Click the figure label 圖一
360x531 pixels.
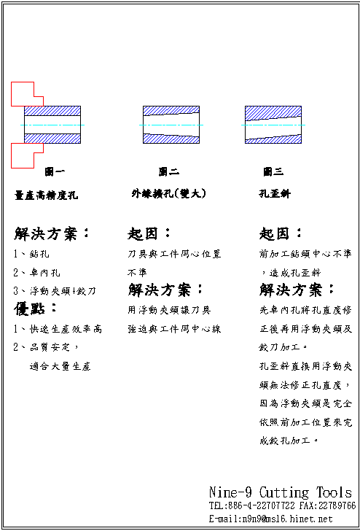pyautogui.click(x=55, y=172)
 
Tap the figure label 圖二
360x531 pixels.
pyautogui.click(x=169, y=172)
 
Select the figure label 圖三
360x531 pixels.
pyautogui.click(x=273, y=172)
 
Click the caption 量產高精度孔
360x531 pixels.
pyautogui.click(x=46, y=195)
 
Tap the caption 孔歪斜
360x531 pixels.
pyautogui.click(x=275, y=195)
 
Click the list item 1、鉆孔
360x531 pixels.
pyautogui.click(x=31, y=255)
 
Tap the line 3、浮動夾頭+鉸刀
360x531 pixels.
pyautogui.click(x=55, y=291)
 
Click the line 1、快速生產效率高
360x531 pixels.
pyautogui.click(x=58, y=329)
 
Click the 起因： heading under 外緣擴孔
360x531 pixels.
pyautogui.click(x=149, y=234)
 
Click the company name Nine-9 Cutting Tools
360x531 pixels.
pyautogui.click(x=280, y=492)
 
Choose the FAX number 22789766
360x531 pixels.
pyautogui.click(x=336, y=505)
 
